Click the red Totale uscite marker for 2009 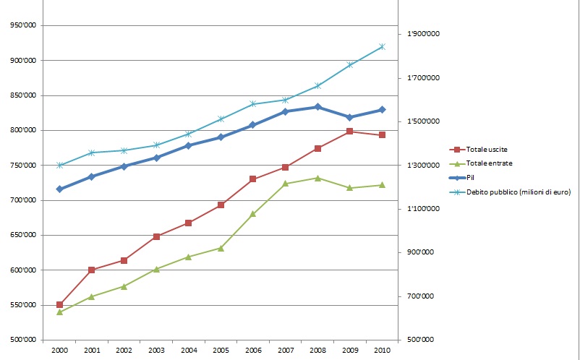[x=349, y=131]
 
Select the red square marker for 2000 [x=59, y=304]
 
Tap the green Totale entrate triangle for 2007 [x=286, y=184]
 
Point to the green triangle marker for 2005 [x=221, y=248]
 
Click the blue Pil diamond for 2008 [x=317, y=107]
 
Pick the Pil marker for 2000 [x=59, y=189]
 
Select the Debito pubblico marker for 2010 [x=382, y=47]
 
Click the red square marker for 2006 [x=253, y=179]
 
